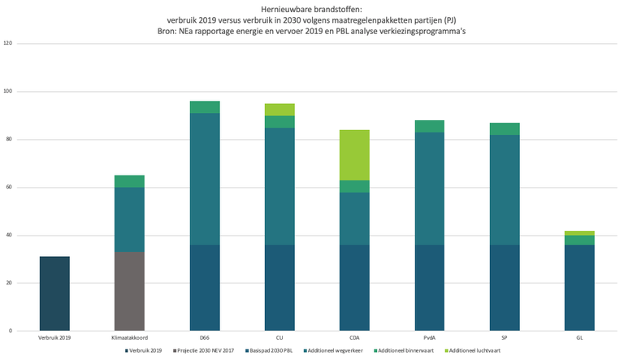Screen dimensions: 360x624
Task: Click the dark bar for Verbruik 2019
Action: [x=54, y=293]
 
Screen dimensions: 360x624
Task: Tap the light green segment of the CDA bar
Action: [x=354, y=154]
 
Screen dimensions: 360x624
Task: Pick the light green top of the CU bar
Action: [x=279, y=110]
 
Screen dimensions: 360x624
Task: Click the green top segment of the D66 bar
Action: [x=205, y=107]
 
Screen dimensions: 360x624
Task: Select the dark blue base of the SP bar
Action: [x=505, y=288]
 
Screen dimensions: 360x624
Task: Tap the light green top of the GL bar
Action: [x=579, y=233]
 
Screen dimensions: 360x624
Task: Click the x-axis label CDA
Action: [x=354, y=337]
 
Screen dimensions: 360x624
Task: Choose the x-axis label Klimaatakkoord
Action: [x=129, y=337]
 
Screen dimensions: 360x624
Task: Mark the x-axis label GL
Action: [x=579, y=337]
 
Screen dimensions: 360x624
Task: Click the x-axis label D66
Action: [x=205, y=337]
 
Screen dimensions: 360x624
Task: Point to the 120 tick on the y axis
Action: [x=7, y=43]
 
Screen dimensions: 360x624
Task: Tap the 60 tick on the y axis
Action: [x=9, y=187]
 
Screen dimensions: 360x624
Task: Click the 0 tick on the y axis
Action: [x=11, y=332]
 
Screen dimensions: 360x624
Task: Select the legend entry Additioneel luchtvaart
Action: [x=473, y=350]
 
